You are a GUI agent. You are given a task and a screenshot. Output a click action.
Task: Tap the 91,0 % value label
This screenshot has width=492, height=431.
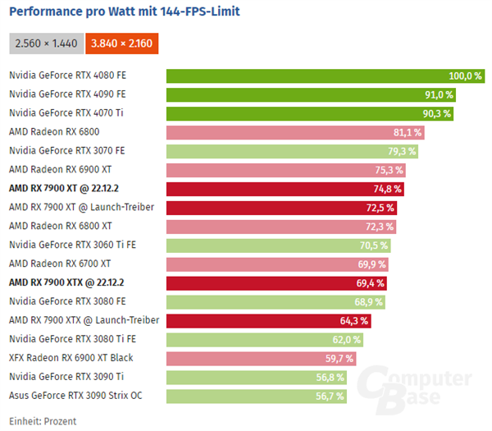click(x=438, y=94)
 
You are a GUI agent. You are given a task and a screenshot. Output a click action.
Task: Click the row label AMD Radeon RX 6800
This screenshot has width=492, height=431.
click(x=54, y=131)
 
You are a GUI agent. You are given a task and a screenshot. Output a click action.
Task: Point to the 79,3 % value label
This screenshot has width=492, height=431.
click(x=401, y=151)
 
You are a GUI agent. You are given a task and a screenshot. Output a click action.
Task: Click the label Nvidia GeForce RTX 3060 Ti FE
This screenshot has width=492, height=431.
click(x=71, y=245)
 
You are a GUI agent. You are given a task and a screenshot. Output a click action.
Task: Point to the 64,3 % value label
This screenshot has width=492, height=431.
click(x=353, y=320)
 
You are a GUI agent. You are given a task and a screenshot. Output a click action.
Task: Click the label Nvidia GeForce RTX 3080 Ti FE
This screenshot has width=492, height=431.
click(x=71, y=339)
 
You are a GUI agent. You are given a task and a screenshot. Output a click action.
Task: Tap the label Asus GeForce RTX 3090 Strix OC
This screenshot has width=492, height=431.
click(x=76, y=396)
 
